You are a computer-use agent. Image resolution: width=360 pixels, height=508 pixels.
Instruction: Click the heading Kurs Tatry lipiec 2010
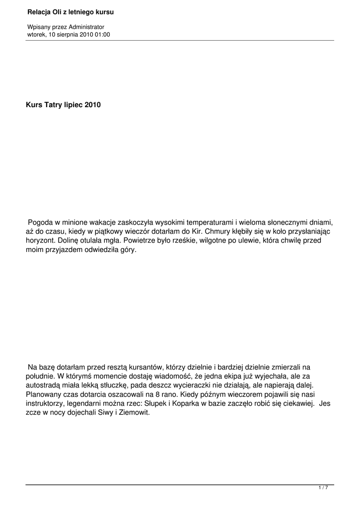pos(63,105)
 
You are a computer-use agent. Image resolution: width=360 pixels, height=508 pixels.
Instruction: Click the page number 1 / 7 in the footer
pos(323,488)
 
